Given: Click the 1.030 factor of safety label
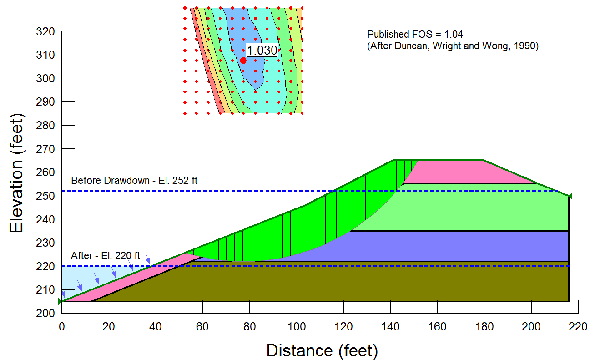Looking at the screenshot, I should click(262, 51).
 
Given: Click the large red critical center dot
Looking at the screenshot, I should click(243, 61).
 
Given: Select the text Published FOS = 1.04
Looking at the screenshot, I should click(415, 35).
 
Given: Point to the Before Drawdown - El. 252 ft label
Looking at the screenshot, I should click(134, 180).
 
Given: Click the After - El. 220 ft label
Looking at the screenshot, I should click(106, 256).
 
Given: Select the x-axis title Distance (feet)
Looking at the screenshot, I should click(322, 350).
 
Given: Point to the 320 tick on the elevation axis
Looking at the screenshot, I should click(45, 32).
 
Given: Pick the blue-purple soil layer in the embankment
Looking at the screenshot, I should click(455, 246).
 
